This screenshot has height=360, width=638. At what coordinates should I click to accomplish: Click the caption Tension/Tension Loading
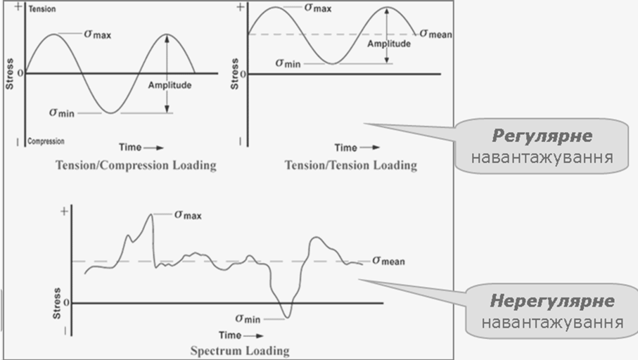point(350,166)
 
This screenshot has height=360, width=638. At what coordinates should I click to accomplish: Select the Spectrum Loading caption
point(239,349)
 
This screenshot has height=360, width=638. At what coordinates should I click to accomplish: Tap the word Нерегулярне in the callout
point(551,301)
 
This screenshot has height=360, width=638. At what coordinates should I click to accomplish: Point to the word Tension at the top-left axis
point(42,10)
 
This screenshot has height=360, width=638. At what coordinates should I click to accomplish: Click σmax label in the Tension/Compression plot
point(97,33)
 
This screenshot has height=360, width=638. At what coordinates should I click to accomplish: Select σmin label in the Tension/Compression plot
point(62,112)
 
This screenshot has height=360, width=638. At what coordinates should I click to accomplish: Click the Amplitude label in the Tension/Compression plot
point(170,85)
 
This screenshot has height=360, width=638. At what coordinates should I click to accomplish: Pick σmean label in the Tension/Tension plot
point(435,33)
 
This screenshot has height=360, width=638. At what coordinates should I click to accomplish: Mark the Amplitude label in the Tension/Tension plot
point(389,44)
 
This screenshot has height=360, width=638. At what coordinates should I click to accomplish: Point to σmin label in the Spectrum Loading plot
point(249,318)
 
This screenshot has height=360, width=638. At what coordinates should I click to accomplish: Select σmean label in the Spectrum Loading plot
point(388,261)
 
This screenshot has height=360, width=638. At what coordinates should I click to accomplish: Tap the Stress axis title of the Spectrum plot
point(57,303)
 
